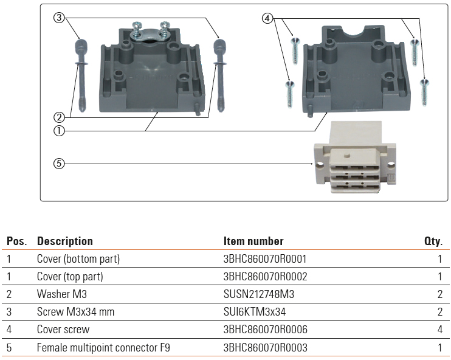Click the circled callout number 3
59,18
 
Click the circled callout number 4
267,18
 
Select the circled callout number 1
59,130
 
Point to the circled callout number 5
59,163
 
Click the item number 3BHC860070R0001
265,259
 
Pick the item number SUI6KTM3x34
255,312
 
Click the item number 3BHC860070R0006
265,330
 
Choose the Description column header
65,241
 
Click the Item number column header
253,241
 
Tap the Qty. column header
433,241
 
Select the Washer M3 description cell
61,294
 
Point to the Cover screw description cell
63,330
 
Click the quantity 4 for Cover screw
439,330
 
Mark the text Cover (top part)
70,277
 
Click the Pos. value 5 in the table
9,348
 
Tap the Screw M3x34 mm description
75,312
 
